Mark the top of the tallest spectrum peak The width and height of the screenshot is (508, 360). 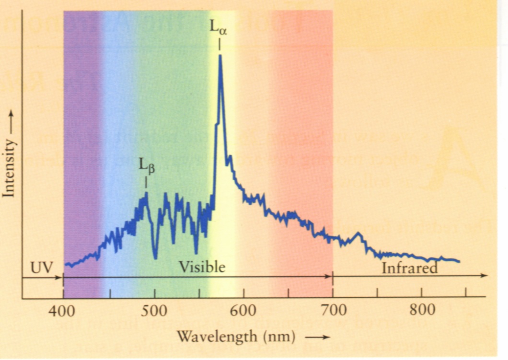point(220,56)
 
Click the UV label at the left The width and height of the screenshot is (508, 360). point(41,267)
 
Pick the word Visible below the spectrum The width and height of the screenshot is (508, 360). point(202,267)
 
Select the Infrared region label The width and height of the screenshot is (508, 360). point(409,268)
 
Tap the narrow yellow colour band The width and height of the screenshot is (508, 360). point(226,144)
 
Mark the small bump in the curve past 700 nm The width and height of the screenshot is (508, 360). point(357,234)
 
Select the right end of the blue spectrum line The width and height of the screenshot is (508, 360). point(459,261)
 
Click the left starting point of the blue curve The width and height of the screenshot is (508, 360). point(66,264)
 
